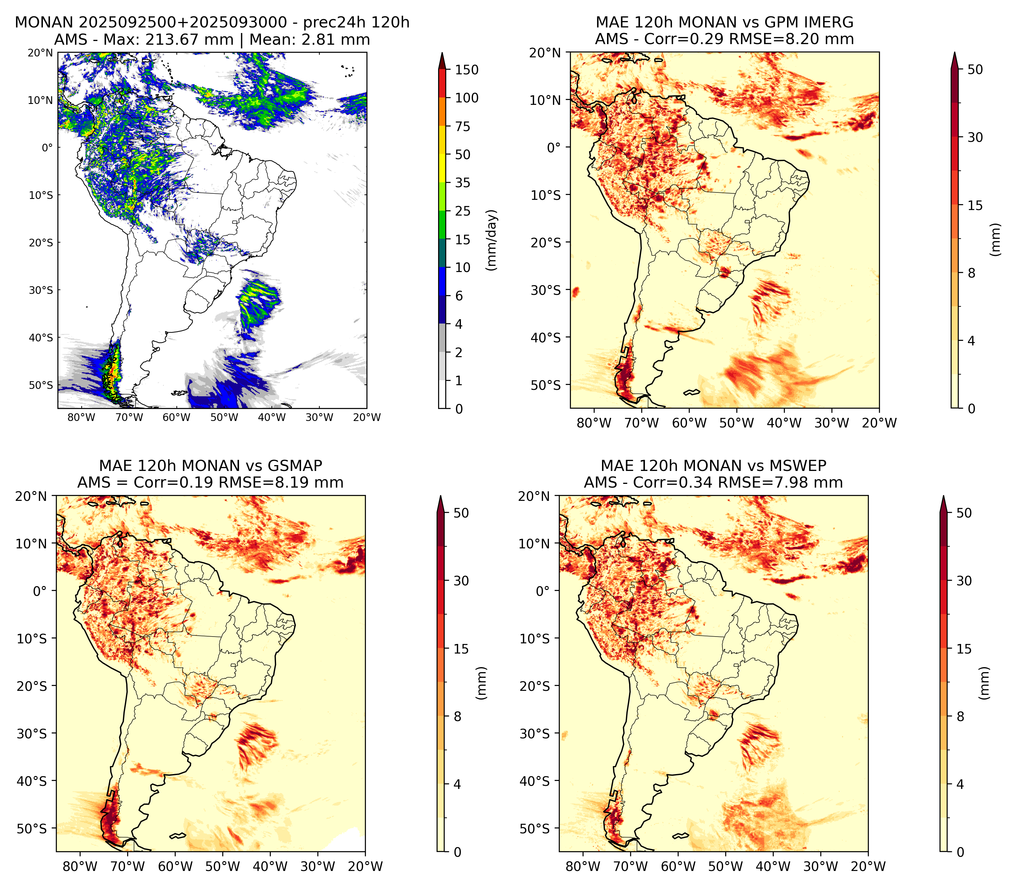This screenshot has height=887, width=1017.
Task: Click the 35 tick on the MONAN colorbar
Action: (463, 183)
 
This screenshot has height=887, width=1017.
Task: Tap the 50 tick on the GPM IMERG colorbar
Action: (975, 69)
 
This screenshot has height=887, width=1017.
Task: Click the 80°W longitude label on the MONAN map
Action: (81, 417)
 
